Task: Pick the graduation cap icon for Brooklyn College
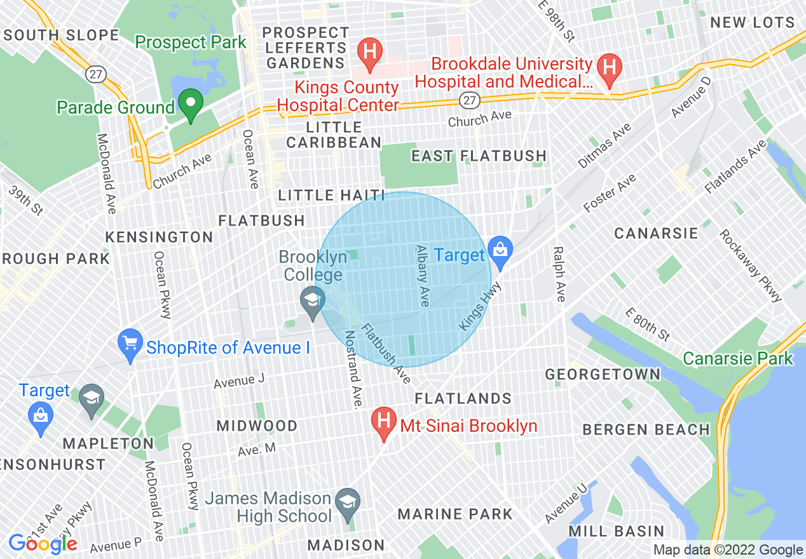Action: (x=312, y=301)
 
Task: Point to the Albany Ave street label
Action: (x=421, y=276)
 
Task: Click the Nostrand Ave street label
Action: (x=353, y=369)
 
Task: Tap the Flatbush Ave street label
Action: (x=386, y=353)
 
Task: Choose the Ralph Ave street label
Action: (x=559, y=274)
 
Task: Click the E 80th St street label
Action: (x=647, y=324)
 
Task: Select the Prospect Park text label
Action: (x=191, y=43)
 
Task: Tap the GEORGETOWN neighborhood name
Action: (x=603, y=374)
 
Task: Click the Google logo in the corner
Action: (x=43, y=544)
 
